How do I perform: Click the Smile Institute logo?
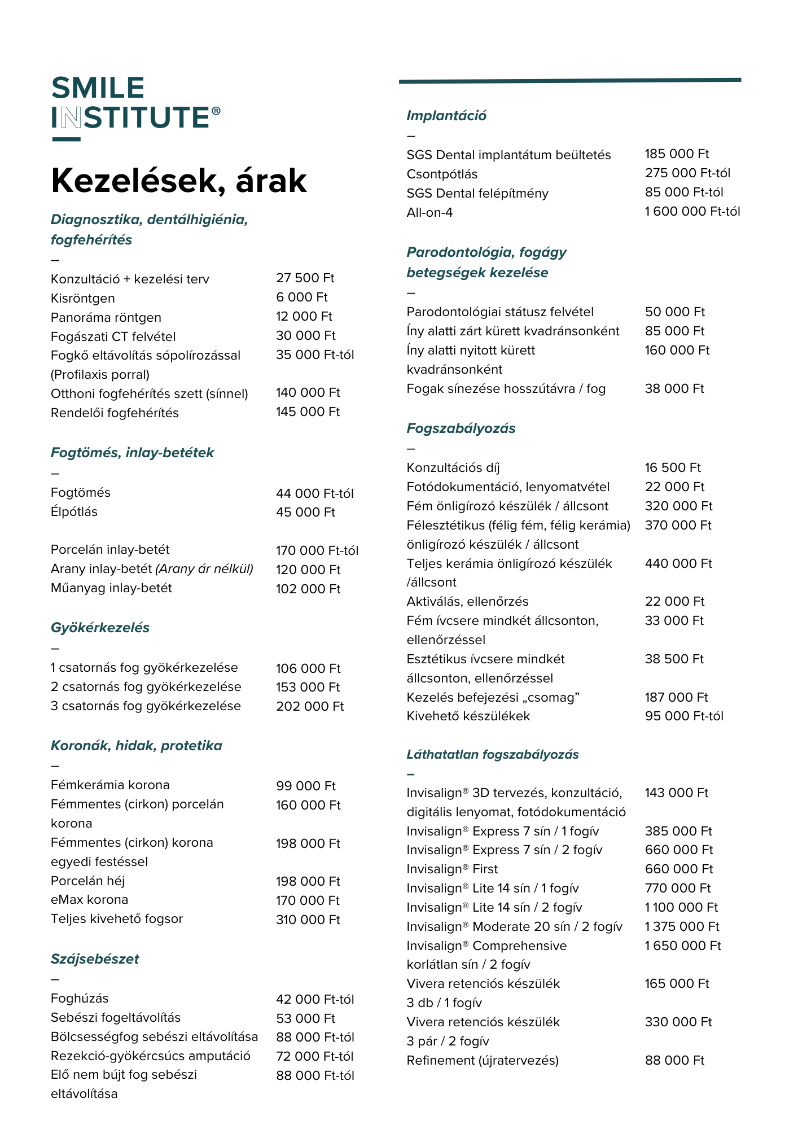135,104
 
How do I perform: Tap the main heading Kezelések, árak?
178,181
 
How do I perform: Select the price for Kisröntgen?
302,297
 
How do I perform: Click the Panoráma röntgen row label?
106,317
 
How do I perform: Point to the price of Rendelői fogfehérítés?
308,412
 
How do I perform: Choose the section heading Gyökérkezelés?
100,628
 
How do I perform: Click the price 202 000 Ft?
310,707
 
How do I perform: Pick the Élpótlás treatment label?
74,512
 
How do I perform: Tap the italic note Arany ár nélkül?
204,569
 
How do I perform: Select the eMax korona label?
89,900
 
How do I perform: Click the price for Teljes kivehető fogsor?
308,920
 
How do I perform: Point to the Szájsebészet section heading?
95,959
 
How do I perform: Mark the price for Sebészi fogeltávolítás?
305,1018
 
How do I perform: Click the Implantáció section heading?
446,116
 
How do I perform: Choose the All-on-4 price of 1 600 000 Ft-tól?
692,212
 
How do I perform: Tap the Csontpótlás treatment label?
442,174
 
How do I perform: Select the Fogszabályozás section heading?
461,428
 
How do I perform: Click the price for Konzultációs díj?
673,468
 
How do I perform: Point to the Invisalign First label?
452,869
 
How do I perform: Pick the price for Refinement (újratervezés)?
674,1061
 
